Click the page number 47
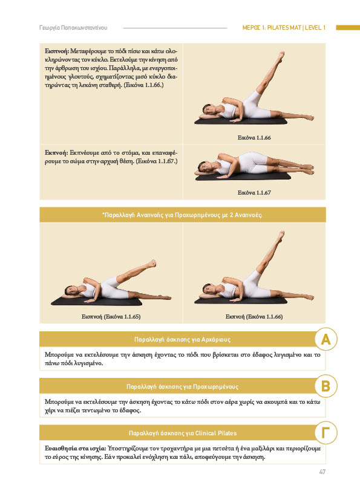322,472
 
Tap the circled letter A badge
326,339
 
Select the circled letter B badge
326,386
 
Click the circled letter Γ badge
326,433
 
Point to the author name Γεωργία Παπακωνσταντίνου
73,28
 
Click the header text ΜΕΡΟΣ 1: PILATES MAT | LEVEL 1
284,28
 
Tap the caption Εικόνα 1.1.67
254,192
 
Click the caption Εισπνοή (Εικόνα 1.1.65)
111,316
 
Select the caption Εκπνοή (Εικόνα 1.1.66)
254,316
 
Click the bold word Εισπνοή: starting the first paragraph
57,51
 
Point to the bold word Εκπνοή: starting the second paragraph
56,152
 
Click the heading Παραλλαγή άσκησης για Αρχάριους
182,339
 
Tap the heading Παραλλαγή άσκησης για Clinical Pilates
183,433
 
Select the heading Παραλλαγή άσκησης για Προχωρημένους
182,386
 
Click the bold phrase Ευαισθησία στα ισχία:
75,448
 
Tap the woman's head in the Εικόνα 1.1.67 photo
203,166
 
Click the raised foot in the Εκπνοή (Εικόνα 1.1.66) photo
280,236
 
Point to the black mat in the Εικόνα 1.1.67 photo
243,177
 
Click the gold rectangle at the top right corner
348,28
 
